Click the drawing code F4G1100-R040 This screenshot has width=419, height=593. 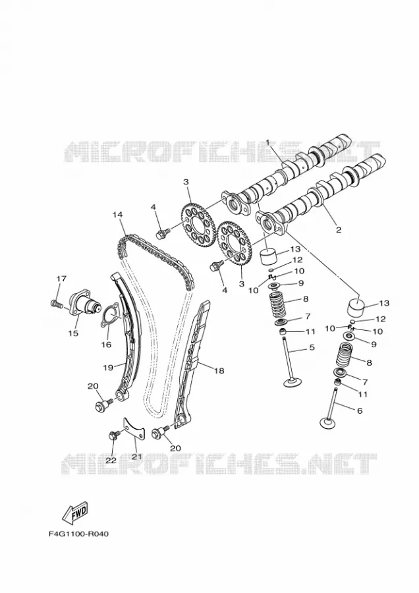[78, 534]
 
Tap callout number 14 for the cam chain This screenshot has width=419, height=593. [118, 214]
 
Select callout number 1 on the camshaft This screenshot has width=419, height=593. [267, 142]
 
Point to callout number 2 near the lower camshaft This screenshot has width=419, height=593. [339, 229]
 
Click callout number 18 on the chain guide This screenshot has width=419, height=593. [219, 370]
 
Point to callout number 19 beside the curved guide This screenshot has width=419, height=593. [108, 367]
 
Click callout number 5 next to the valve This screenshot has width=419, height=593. [312, 347]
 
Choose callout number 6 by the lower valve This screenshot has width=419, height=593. [360, 410]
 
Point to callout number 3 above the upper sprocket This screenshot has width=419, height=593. [186, 182]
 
